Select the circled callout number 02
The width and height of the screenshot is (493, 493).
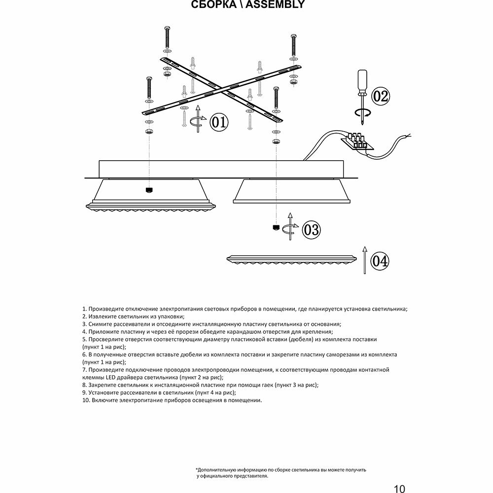(x=380, y=96)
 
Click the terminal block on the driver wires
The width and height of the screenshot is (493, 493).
(x=359, y=140)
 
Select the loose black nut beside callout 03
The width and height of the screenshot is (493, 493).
(x=276, y=227)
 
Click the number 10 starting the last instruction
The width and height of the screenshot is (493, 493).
(x=85, y=401)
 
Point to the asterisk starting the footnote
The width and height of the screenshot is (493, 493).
(x=197, y=469)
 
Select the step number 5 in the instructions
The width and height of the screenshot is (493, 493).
(x=84, y=340)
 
